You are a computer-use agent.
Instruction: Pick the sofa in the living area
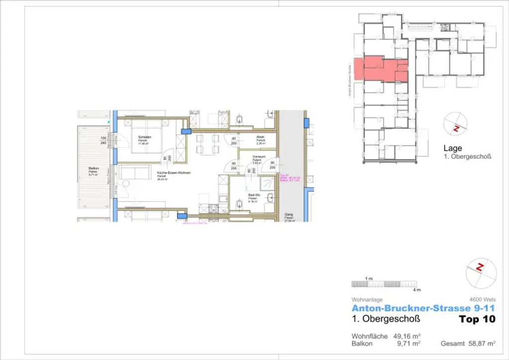(136, 174)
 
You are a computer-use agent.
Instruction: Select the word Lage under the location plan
(452, 148)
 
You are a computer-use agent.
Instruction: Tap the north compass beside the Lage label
(456, 126)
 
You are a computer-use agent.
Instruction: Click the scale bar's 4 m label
(417, 289)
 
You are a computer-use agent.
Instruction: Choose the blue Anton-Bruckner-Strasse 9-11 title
(423, 309)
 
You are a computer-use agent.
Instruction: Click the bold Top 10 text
(477, 319)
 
